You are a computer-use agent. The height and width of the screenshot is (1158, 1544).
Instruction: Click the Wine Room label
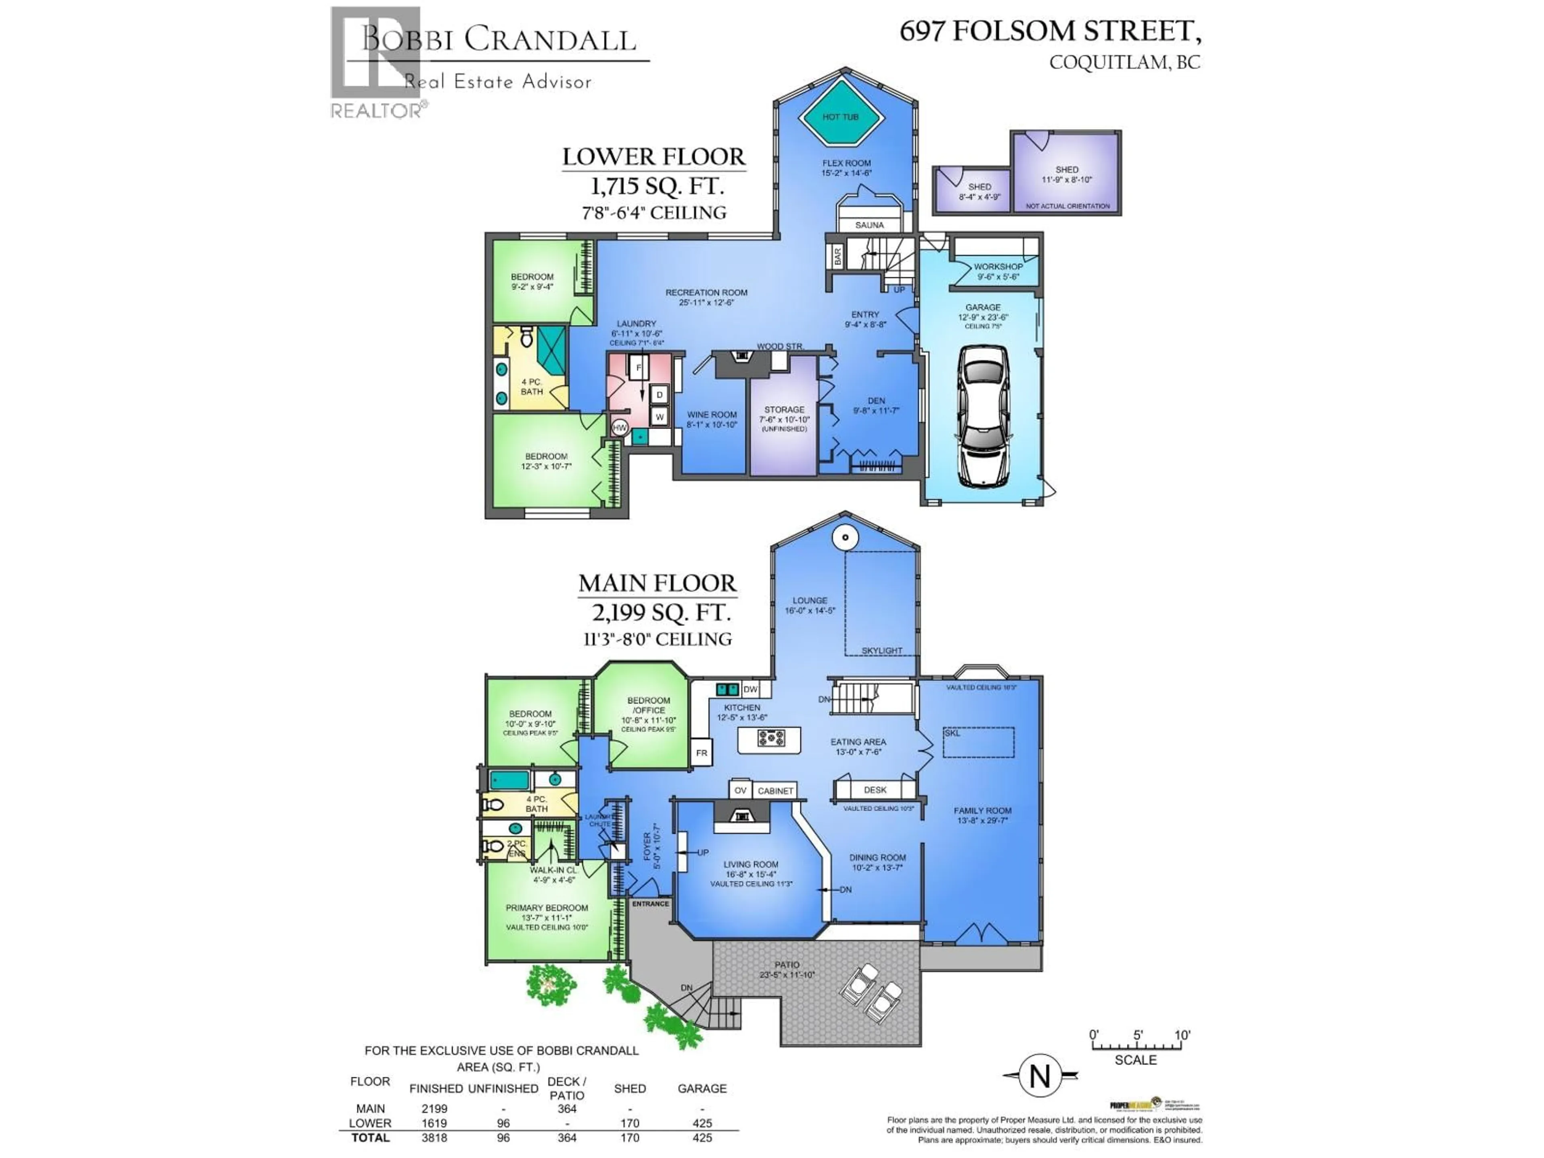[711, 415]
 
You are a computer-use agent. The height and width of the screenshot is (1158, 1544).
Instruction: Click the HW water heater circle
[619, 427]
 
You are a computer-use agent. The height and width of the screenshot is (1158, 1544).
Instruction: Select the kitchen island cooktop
[770, 738]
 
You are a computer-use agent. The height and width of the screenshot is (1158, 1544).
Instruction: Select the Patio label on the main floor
[786, 965]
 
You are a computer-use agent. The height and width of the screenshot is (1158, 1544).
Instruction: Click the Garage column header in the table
[702, 1088]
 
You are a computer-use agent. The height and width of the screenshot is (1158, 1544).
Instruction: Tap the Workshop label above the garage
[998, 267]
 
